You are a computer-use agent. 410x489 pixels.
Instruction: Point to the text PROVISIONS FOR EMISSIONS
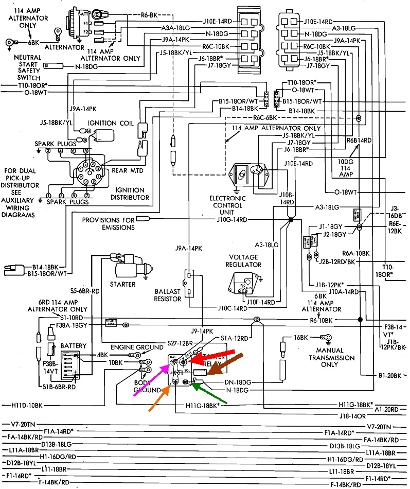[x=108, y=223]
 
